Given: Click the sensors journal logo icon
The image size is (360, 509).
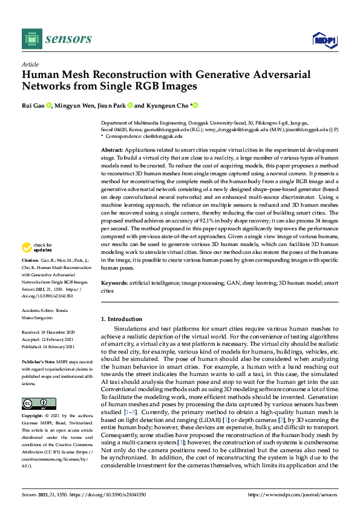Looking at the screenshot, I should coord(30,39).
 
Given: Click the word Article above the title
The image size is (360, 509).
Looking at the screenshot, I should coord(30,64).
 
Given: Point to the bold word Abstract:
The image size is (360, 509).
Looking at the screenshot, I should coord(112,149).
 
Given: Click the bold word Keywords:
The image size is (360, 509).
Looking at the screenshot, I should coord(114,283).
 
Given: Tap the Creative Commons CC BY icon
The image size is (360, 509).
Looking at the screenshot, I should coord(35,404).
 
